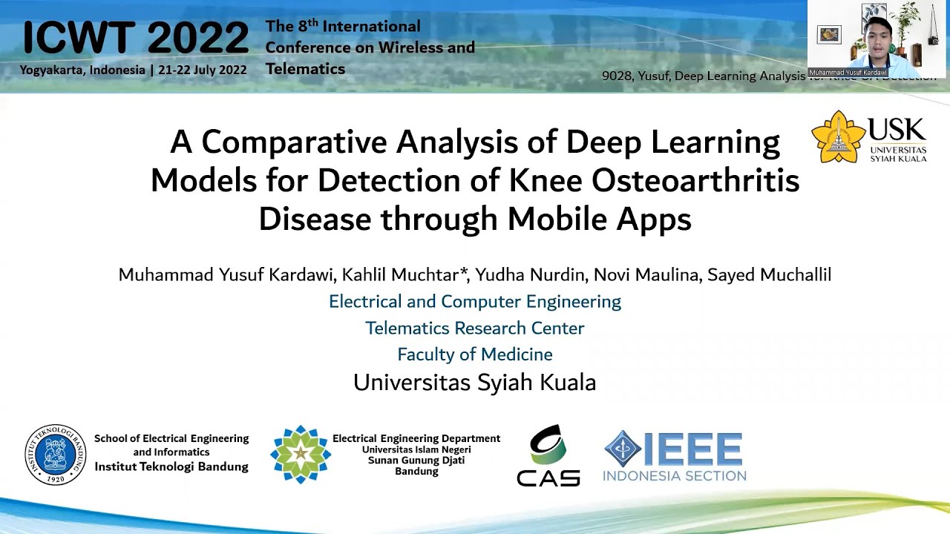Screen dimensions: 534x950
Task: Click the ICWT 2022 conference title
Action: (x=136, y=38)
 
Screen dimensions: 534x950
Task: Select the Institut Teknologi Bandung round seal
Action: (x=55, y=455)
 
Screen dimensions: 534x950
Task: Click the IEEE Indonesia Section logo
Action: (x=674, y=455)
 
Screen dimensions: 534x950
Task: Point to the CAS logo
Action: (x=548, y=456)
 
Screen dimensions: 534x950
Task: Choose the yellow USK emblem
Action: (x=838, y=136)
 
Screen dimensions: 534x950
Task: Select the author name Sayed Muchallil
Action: (x=769, y=275)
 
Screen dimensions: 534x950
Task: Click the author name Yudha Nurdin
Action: (x=531, y=275)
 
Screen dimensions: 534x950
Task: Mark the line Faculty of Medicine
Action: (x=475, y=355)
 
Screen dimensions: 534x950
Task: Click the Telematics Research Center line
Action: (x=475, y=328)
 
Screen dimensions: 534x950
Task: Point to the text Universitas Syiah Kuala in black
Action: (x=475, y=383)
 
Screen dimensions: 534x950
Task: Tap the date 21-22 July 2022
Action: (x=202, y=70)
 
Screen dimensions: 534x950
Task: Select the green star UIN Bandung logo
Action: (x=300, y=454)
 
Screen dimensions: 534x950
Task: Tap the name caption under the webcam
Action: (x=848, y=73)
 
